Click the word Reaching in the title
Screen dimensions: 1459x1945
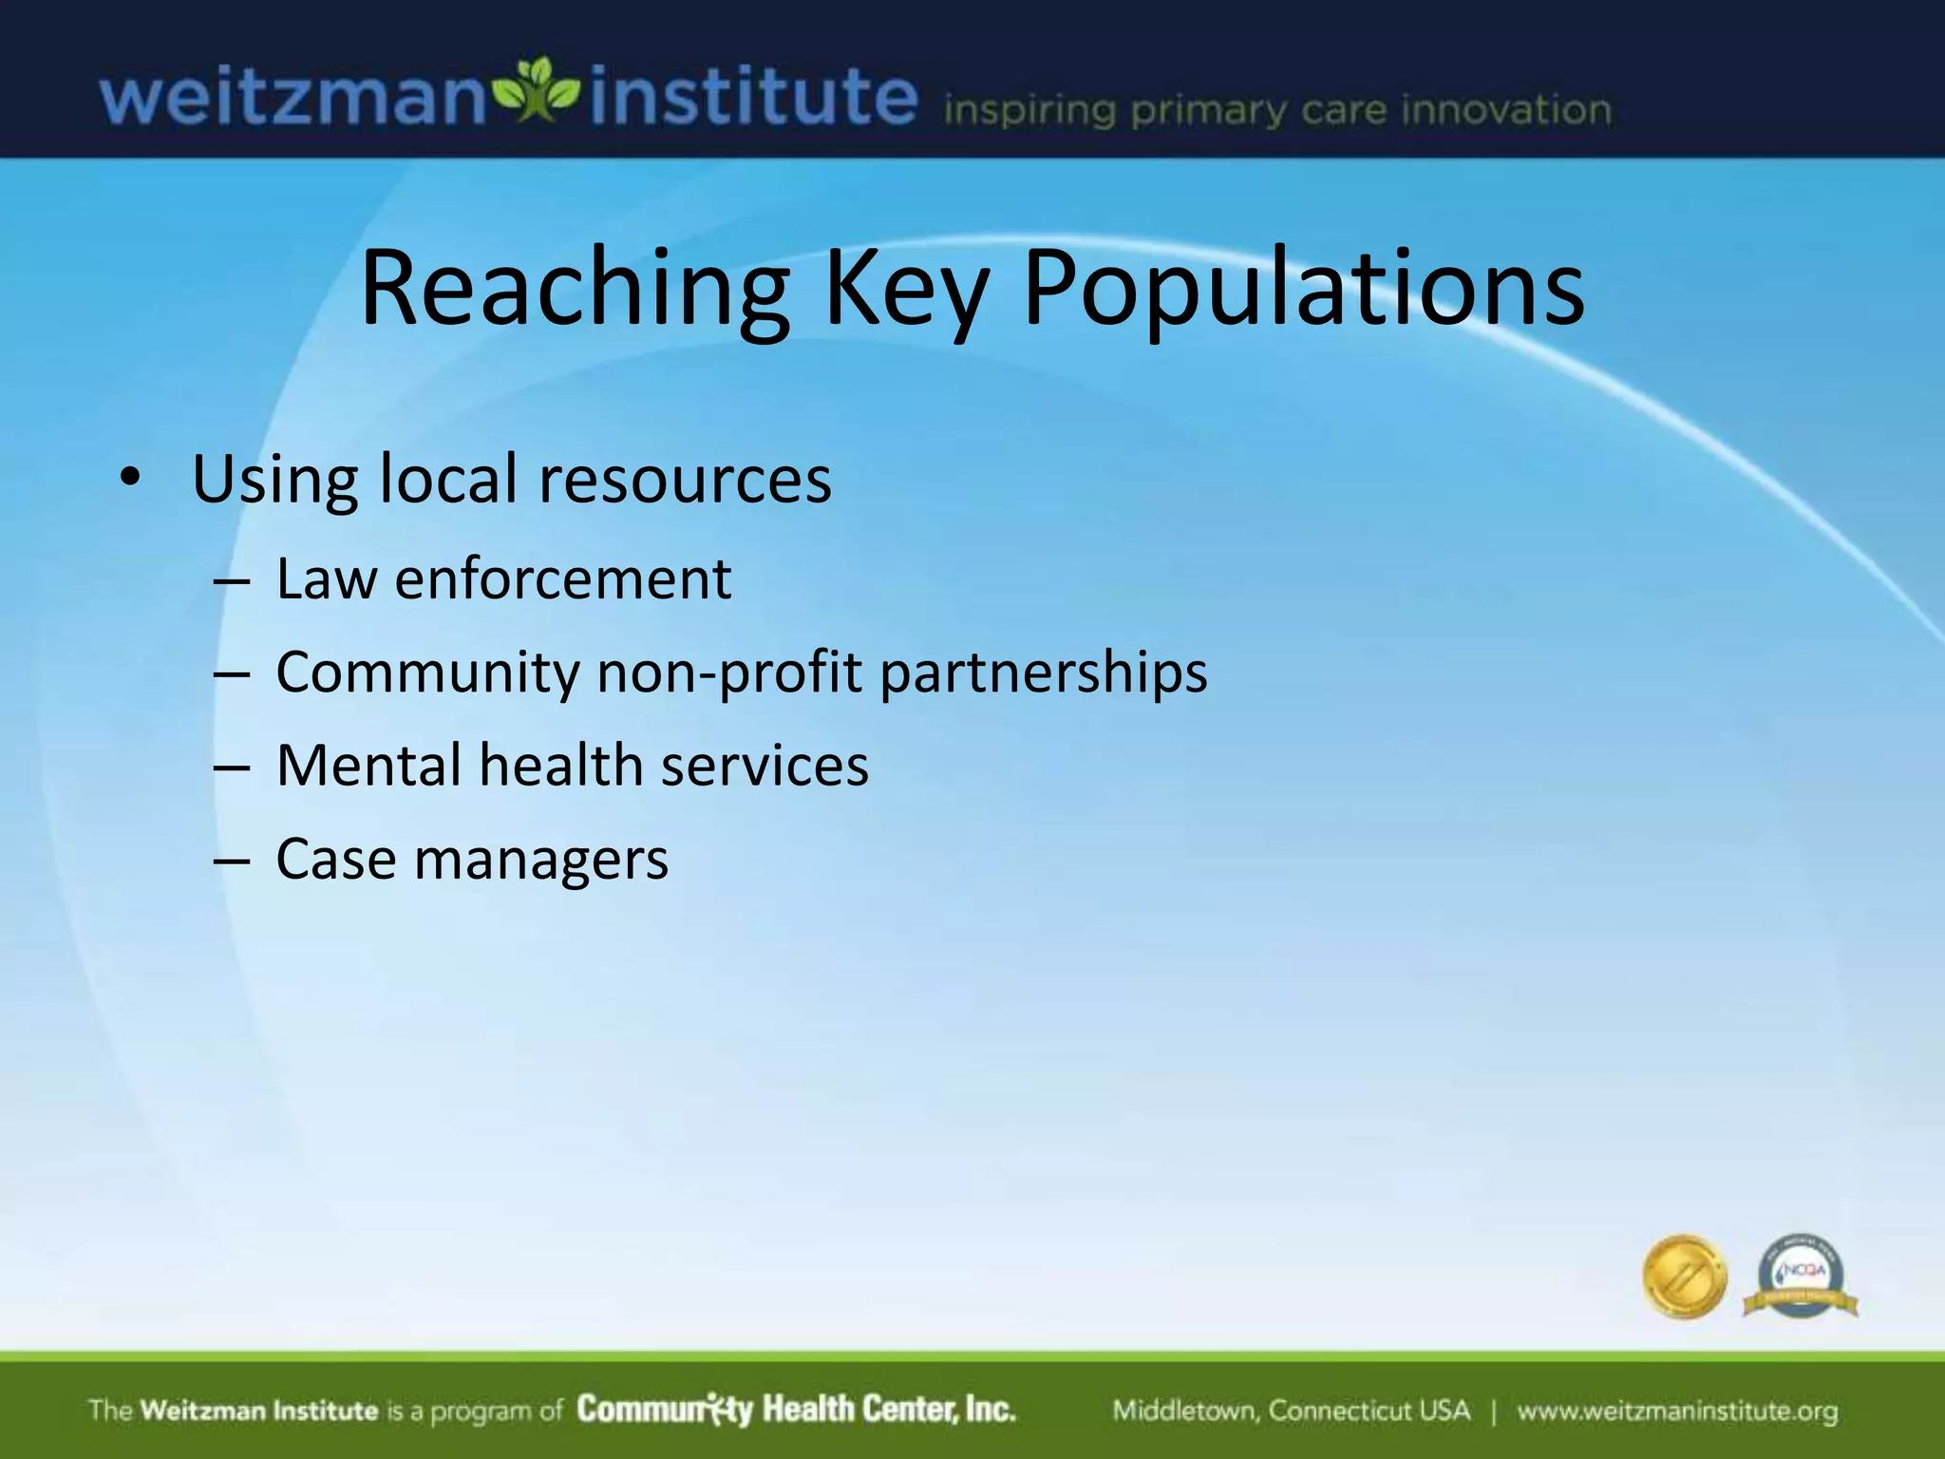(575, 290)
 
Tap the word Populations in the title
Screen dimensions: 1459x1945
(1303, 290)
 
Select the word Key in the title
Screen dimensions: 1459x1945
(906, 290)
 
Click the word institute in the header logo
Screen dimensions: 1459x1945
(753, 97)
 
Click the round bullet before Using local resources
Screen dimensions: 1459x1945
(129, 478)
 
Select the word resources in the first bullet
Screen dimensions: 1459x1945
(685, 480)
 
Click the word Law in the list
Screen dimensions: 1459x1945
(326, 578)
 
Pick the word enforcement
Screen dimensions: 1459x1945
(563, 578)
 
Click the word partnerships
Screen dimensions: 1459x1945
(1044, 673)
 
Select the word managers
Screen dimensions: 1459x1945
(541, 861)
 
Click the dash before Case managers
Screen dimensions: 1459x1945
(232, 861)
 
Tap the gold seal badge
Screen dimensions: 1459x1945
(1684, 1278)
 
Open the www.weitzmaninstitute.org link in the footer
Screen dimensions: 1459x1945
(1677, 1411)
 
